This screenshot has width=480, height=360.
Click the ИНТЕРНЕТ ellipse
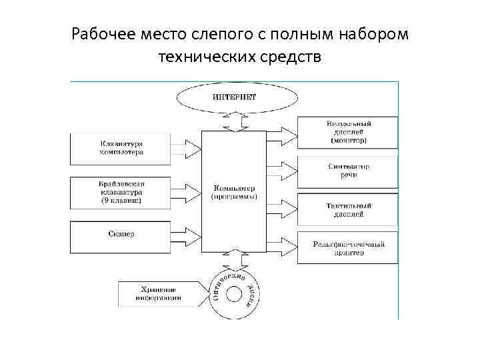point(234,98)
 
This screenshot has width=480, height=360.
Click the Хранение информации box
point(158,293)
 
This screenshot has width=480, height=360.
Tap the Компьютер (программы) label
point(234,192)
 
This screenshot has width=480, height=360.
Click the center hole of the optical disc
point(234,293)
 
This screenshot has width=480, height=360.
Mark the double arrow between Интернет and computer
point(234,122)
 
